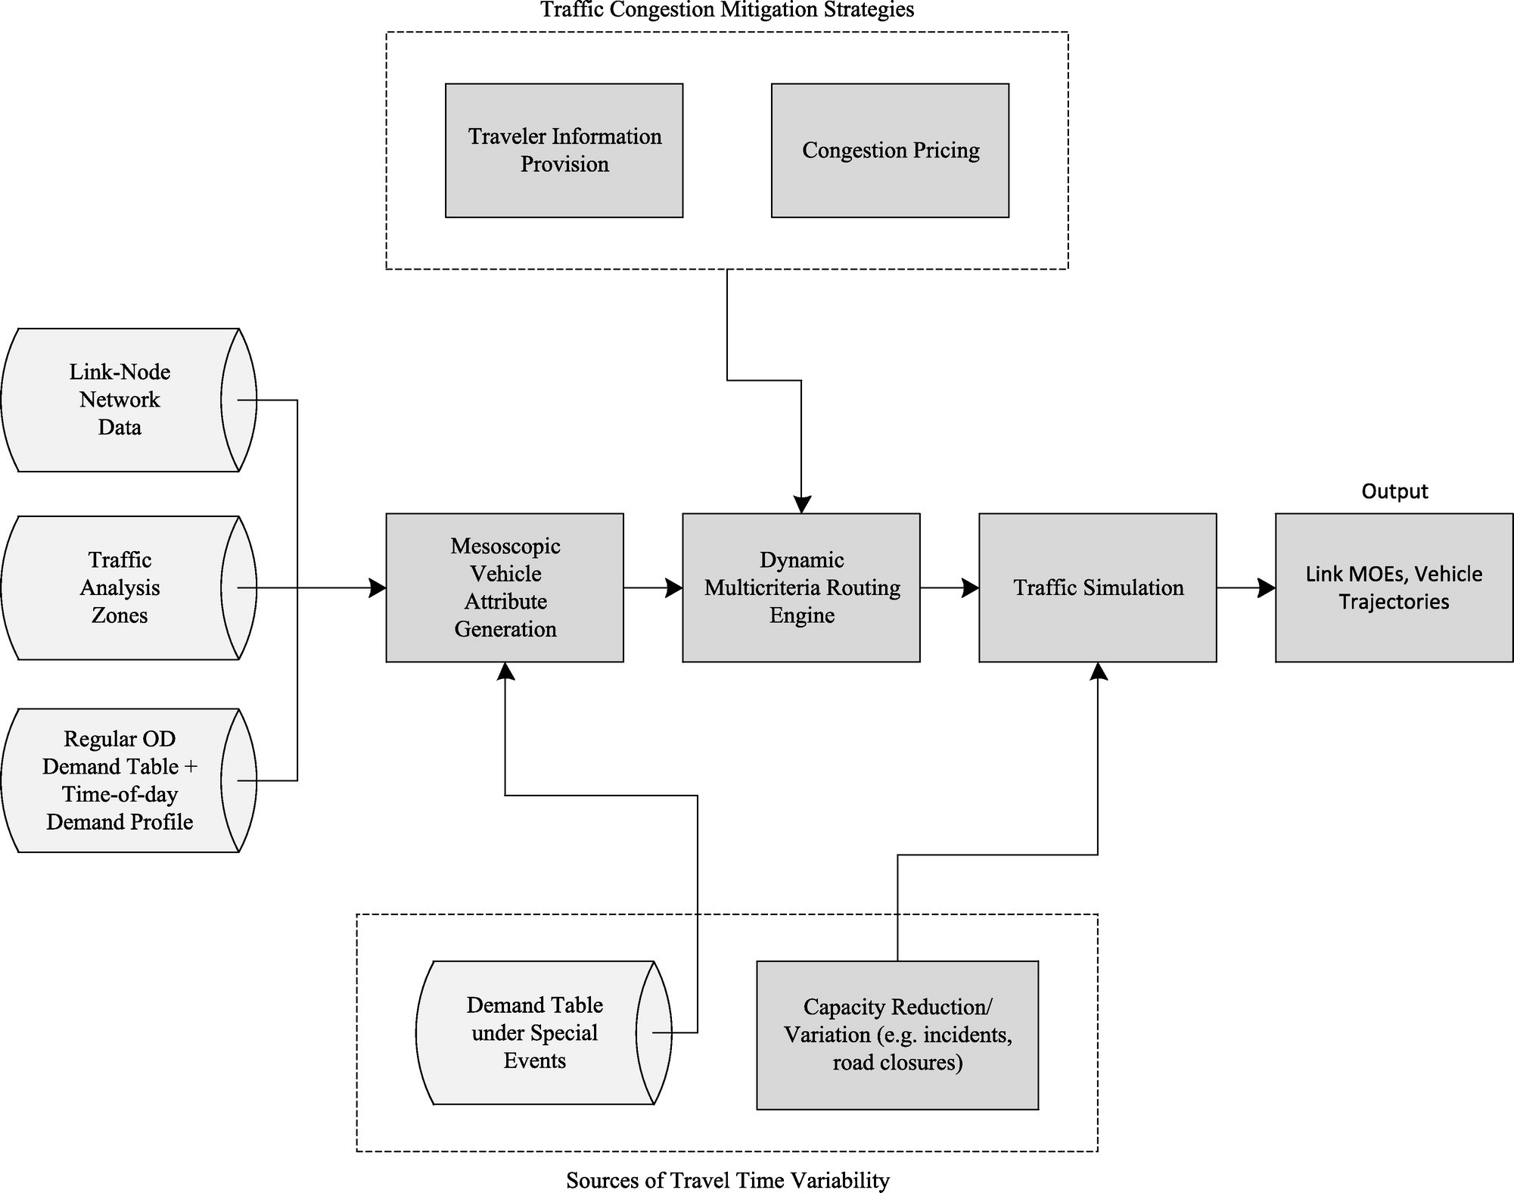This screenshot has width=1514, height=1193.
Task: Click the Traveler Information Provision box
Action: point(564,151)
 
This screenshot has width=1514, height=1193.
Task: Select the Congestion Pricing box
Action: point(890,151)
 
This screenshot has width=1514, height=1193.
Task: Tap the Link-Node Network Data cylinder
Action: point(129,400)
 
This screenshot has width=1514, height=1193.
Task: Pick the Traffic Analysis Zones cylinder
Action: point(129,587)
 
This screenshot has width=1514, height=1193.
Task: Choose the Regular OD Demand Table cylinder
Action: point(129,780)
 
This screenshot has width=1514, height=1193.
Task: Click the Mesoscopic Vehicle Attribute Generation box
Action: point(505,587)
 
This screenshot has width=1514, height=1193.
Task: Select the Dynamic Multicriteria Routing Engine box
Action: point(801,587)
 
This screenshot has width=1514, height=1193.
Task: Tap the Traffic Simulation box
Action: point(1098,587)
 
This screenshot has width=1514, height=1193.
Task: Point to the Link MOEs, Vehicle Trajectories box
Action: point(1394,587)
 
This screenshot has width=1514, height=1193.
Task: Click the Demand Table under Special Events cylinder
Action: point(543,1033)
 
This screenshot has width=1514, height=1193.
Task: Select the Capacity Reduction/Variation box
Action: point(897,1035)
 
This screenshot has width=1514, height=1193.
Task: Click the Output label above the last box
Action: point(1394,491)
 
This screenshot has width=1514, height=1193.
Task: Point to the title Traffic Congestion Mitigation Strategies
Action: point(727,10)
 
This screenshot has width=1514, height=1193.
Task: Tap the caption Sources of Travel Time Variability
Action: point(728,1180)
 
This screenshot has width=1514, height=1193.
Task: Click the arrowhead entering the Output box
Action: point(1267,587)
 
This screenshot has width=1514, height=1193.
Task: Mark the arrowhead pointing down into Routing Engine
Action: point(801,504)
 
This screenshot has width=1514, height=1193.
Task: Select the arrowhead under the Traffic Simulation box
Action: point(1098,671)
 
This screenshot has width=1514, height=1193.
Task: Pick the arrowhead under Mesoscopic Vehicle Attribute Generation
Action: point(505,671)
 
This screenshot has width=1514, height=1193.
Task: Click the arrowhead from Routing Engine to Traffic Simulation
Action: point(970,587)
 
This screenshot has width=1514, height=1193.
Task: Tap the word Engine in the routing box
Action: point(802,615)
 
